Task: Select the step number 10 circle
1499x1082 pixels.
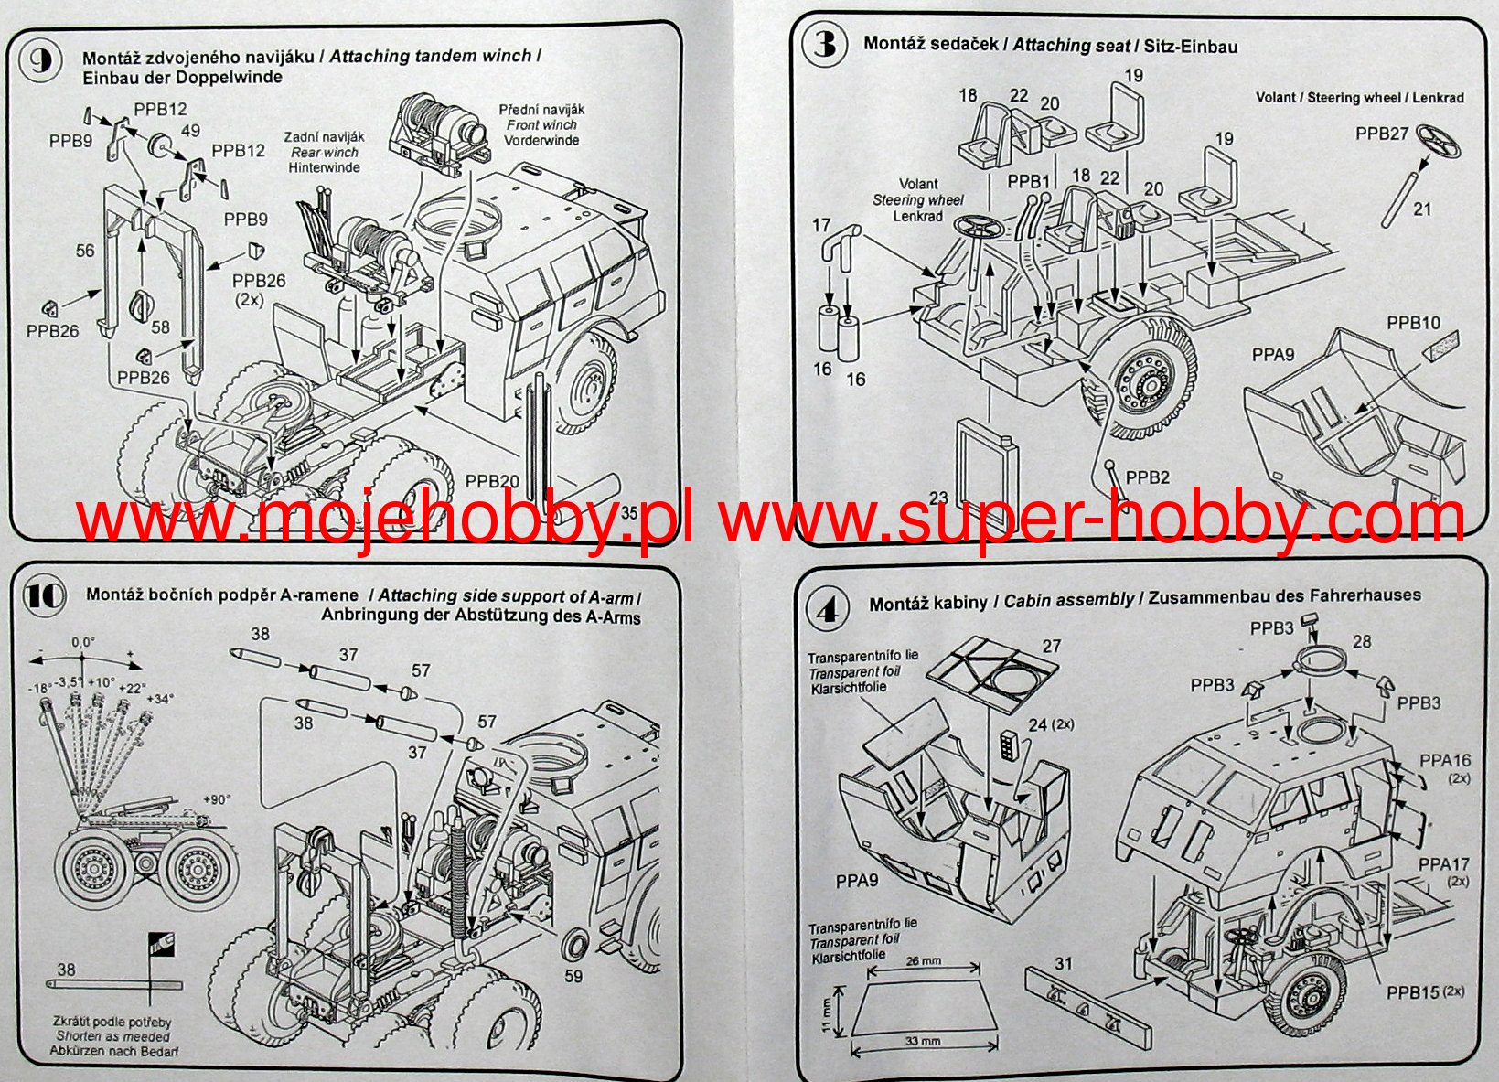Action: coord(45,595)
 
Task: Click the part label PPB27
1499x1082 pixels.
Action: coord(1382,134)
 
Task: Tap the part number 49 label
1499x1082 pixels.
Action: coord(190,130)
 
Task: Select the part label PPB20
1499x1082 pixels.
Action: coord(492,481)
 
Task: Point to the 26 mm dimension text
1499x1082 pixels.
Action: coord(924,961)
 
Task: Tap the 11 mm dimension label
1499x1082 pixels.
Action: coord(827,1014)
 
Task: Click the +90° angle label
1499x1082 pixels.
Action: coord(217,798)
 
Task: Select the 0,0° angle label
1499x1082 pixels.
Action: coord(83,642)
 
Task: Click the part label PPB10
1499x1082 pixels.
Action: coord(1413,323)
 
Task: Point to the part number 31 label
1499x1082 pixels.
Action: coord(1063,962)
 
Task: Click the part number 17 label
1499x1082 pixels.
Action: coord(820,224)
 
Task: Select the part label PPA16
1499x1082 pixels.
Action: coord(1445,760)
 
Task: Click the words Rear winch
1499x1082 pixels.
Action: coord(325,153)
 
